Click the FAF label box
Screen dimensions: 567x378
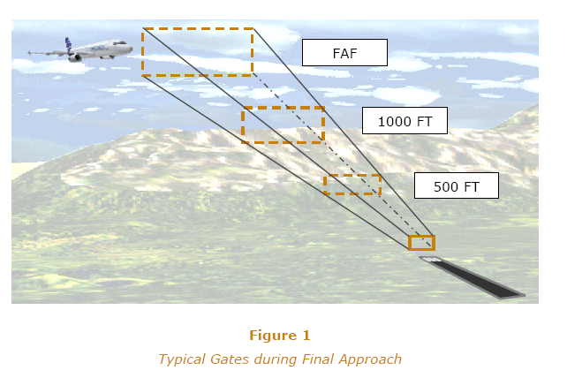(x=344, y=53)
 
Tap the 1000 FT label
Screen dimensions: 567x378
(x=404, y=121)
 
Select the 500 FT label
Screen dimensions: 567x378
(x=457, y=185)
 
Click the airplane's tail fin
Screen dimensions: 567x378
(x=68, y=44)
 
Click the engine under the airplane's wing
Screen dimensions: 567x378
(x=75, y=58)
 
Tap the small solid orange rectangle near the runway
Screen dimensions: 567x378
(x=421, y=243)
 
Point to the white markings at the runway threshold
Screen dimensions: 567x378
(x=432, y=259)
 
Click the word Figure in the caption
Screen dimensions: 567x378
(x=273, y=336)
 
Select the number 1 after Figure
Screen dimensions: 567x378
(x=306, y=336)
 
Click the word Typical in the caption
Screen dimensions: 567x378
(x=183, y=359)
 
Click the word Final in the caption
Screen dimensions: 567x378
(x=318, y=359)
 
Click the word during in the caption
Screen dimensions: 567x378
(x=276, y=359)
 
